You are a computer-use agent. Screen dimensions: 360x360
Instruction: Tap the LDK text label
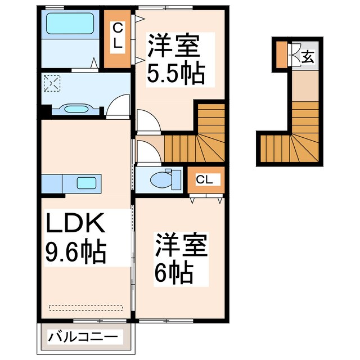(x=74, y=225)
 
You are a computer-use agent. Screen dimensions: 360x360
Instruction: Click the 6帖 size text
(x=175, y=273)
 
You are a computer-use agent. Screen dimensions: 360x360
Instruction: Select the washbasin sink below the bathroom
(x=73, y=109)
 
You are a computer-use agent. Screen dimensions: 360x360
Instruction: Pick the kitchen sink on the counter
(x=87, y=182)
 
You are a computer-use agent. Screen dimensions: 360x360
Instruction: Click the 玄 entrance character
(x=309, y=56)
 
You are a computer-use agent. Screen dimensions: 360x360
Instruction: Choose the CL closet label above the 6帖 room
(x=204, y=179)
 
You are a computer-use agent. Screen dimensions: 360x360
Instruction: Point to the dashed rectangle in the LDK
(x=85, y=307)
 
